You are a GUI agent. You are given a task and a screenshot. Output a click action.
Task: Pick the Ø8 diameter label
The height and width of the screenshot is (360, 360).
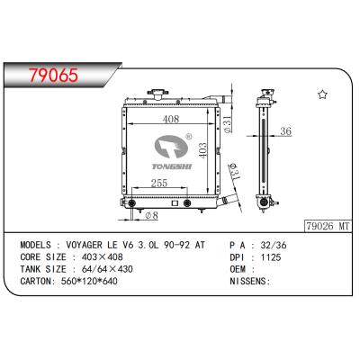[x=152, y=216]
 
